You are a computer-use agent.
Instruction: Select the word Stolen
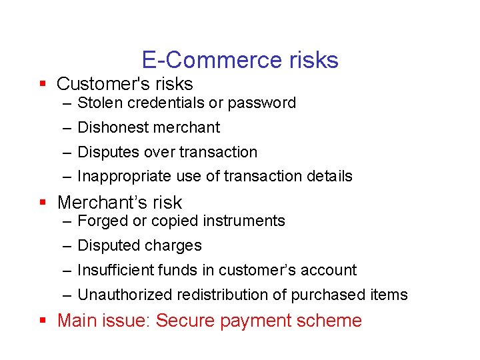click(x=98, y=103)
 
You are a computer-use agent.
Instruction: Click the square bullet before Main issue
click(x=42, y=320)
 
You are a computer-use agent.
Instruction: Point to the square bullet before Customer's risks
click(x=42, y=84)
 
